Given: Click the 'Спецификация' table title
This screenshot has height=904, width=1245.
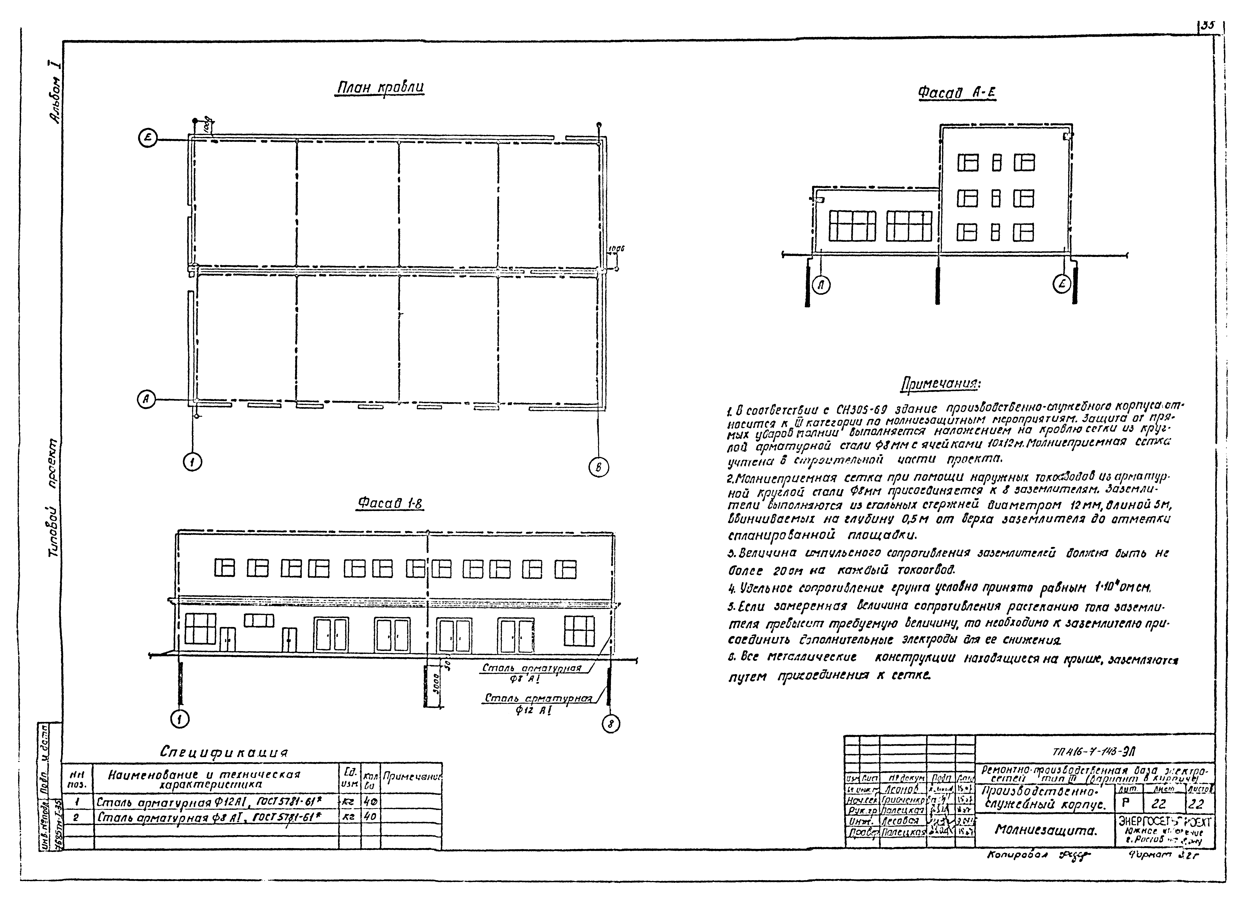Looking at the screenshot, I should point(224,751).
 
